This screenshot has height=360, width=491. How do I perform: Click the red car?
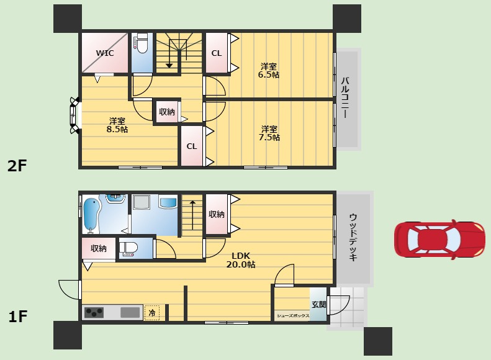click(439, 240)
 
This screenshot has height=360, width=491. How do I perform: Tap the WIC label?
click(105, 53)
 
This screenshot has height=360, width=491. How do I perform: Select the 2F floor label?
click(17, 166)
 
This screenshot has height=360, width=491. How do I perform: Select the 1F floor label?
click(17, 317)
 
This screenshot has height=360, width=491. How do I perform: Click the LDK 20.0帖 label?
click(241, 260)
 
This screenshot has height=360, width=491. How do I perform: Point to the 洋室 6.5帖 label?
click(269, 71)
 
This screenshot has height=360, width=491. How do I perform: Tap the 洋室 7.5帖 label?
click(269, 133)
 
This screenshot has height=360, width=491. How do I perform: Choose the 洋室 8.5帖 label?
click(117, 125)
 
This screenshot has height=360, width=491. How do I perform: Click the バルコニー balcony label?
click(345, 97)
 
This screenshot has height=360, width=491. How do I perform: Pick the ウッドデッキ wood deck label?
click(353, 237)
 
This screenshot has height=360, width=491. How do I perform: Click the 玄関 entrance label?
click(319, 304)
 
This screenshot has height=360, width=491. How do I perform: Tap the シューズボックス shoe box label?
click(293, 316)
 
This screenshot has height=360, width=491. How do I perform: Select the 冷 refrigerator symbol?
click(152, 312)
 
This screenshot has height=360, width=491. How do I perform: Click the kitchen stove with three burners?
click(94, 312)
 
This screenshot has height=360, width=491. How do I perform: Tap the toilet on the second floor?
click(142, 44)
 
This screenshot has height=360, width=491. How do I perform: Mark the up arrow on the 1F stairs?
click(192, 215)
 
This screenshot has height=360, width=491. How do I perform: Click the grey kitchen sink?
click(130, 312)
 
